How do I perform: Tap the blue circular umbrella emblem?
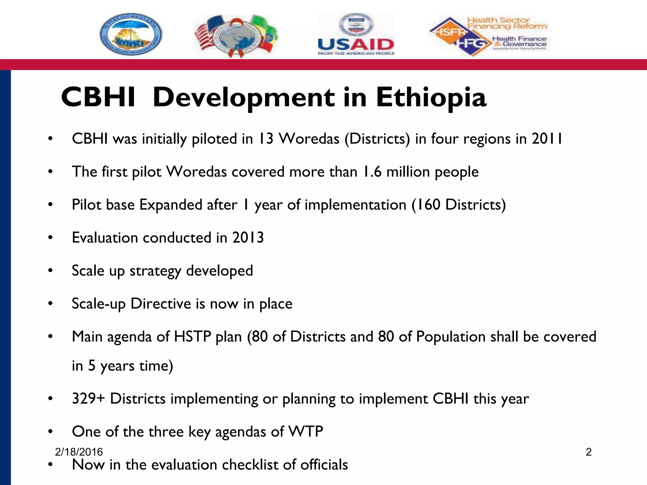(131, 34)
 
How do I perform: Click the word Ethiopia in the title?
(431, 97)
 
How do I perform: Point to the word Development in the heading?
(244, 97)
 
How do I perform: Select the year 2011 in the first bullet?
(547, 139)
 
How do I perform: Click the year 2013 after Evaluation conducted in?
(248, 238)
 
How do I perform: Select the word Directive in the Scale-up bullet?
(160, 304)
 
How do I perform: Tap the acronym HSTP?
(192, 337)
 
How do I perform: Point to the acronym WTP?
(306, 432)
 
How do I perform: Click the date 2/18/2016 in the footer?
(79, 452)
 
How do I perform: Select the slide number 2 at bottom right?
(588, 452)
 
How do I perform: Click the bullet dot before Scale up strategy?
(50, 271)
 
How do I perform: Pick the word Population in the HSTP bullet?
(450, 337)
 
